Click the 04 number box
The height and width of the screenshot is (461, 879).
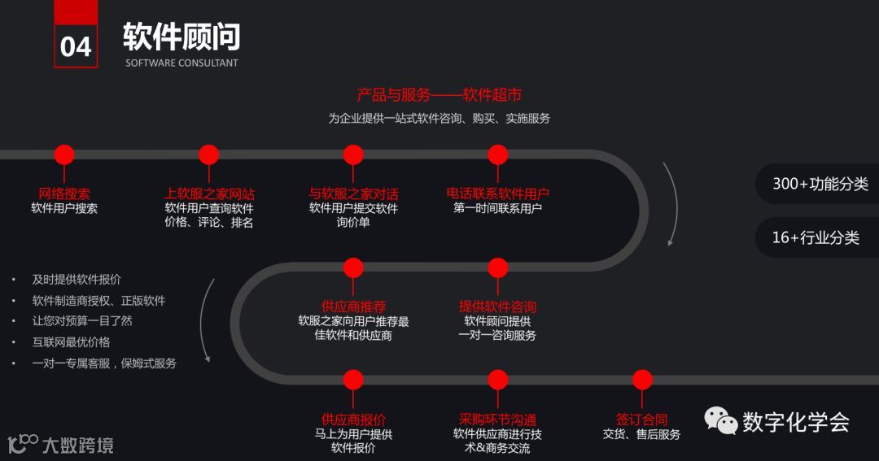coord(76,46)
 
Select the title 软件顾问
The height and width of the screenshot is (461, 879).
coord(181,37)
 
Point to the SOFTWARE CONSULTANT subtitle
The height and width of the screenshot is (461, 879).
coord(181,63)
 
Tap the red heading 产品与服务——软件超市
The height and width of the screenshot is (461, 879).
coord(439,95)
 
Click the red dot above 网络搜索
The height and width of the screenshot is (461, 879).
coord(64,154)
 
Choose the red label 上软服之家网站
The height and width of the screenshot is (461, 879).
coord(209,194)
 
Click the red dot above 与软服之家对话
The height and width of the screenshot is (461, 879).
coord(353,154)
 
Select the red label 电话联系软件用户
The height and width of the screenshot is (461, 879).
coord(497,194)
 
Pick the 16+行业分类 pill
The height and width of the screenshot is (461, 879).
coord(816,237)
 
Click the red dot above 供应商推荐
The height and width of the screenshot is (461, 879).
coord(353,267)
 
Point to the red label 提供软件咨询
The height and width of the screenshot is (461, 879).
coord(497,307)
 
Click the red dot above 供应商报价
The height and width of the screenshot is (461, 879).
coord(353,380)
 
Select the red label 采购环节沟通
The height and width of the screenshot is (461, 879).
coord(497,420)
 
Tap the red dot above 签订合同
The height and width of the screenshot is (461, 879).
coord(642,380)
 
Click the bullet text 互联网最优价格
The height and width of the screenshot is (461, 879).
coord(71,342)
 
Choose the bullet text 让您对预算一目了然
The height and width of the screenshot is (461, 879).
coord(81,321)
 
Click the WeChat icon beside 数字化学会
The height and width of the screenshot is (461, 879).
coord(721,420)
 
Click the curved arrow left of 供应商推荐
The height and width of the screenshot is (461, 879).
coord(209,321)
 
